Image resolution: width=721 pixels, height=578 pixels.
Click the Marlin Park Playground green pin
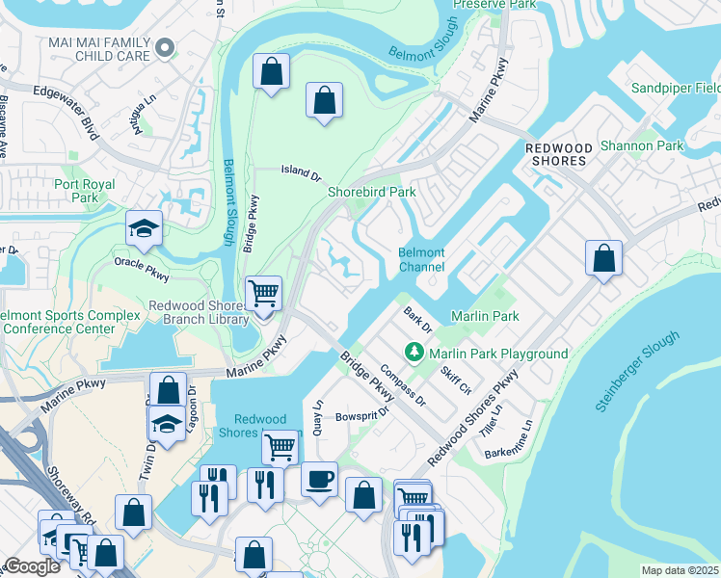tap(415, 353)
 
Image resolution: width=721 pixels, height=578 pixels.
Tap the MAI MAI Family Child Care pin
tap(166, 47)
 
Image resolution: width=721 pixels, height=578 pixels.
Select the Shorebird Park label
tap(372, 192)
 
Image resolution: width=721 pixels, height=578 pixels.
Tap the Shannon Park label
tap(641, 145)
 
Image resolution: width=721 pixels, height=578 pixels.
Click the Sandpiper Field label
tap(675, 88)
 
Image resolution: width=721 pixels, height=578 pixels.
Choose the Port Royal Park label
tap(85, 191)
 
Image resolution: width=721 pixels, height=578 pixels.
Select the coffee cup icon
tap(319, 478)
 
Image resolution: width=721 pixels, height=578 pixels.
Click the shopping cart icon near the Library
tap(263, 292)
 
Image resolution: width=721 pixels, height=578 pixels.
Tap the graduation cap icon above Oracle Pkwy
tap(144, 228)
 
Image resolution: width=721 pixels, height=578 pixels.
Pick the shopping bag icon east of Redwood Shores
tap(603, 258)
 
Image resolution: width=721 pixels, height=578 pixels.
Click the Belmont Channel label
tap(421, 259)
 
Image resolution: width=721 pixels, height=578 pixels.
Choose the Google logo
tap(31, 566)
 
